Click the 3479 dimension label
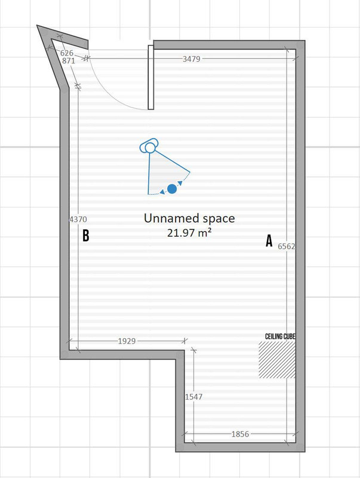click(x=191, y=59)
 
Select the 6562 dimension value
click(x=287, y=246)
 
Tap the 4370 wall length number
click(x=78, y=219)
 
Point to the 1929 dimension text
click(x=127, y=341)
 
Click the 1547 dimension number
click(x=193, y=397)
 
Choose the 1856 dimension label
click(x=240, y=434)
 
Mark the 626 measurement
click(x=67, y=53)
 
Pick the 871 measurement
click(x=69, y=61)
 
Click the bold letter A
click(x=269, y=241)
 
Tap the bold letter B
click(x=86, y=235)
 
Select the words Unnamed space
click(x=189, y=219)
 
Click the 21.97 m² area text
click(x=189, y=233)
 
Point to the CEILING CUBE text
click(x=280, y=336)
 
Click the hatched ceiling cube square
click(x=277, y=360)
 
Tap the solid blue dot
click(x=172, y=189)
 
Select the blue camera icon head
click(x=149, y=146)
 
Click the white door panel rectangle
click(x=151, y=77)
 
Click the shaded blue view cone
click(x=164, y=174)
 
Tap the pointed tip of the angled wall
click(x=37, y=26)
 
